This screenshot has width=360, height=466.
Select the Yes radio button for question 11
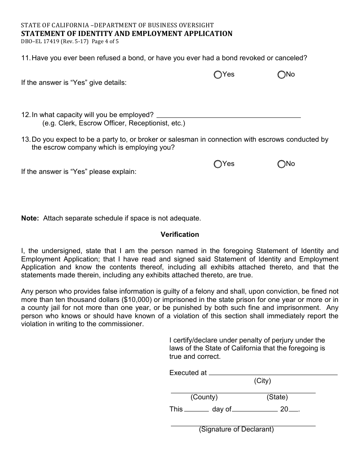click(x=218, y=75)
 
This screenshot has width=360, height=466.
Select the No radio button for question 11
click(x=281, y=75)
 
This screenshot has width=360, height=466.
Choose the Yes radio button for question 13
click(x=218, y=164)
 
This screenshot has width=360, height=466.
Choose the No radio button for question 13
click(x=281, y=164)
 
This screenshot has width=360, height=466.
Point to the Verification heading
click(x=180, y=235)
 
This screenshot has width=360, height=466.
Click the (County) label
click(x=204, y=397)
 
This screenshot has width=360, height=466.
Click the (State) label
click(x=277, y=397)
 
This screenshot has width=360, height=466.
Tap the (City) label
click(x=262, y=381)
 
